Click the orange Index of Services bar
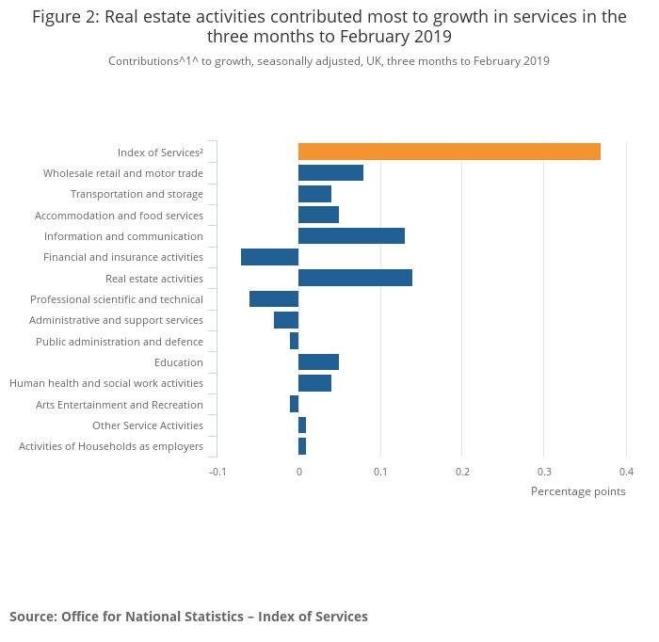pos(449,152)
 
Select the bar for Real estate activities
pos(355,278)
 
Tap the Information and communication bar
pos(351,236)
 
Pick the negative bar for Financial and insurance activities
pos(269,257)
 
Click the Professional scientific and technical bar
pos(274,299)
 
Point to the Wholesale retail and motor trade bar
pos(330,173)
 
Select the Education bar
pos(318,362)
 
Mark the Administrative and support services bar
pos(286,320)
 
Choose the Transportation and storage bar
pos(314,194)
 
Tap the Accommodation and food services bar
pos(318,215)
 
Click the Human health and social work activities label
pos(106,383)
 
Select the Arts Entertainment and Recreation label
pos(120,405)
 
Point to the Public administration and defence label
pos(120,342)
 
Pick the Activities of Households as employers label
pos(111,446)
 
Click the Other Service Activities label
pos(148,425)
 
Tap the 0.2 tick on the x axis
pos(462,472)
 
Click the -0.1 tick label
pos(217,472)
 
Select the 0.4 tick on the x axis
pos(626,472)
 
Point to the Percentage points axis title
pos(578,491)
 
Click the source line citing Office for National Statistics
pos(188,617)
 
